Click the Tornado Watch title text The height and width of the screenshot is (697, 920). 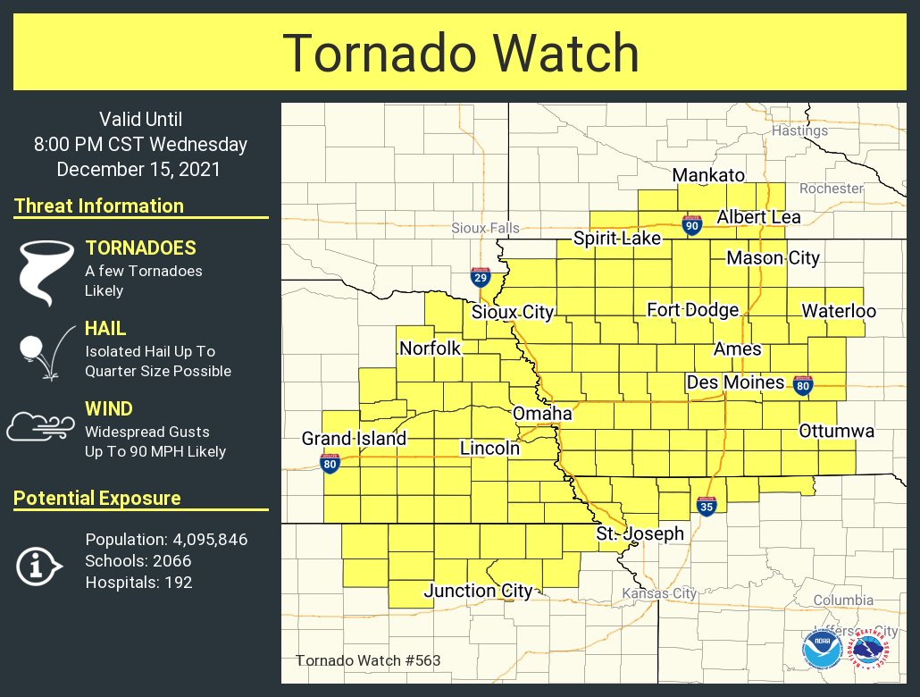tap(460, 54)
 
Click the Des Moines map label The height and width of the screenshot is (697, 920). tap(734, 382)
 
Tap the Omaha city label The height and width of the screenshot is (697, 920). tap(541, 414)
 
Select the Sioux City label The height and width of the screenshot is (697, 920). tap(513, 312)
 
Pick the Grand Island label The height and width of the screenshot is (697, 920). tap(354, 439)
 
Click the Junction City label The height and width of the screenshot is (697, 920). tap(478, 591)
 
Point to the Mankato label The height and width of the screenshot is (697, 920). tap(707, 174)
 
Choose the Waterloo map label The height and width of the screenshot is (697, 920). tap(838, 311)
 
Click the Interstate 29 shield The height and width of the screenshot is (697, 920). tap(481, 276)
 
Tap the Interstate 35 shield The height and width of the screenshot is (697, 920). tap(706, 507)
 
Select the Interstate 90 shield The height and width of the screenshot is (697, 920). tap(691, 224)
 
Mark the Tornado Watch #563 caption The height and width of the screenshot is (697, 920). tap(367, 661)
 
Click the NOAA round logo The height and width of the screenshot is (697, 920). tap(821, 649)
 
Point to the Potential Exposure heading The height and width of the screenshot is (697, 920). tap(97, 499)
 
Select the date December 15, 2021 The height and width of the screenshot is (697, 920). tap(138, 169)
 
